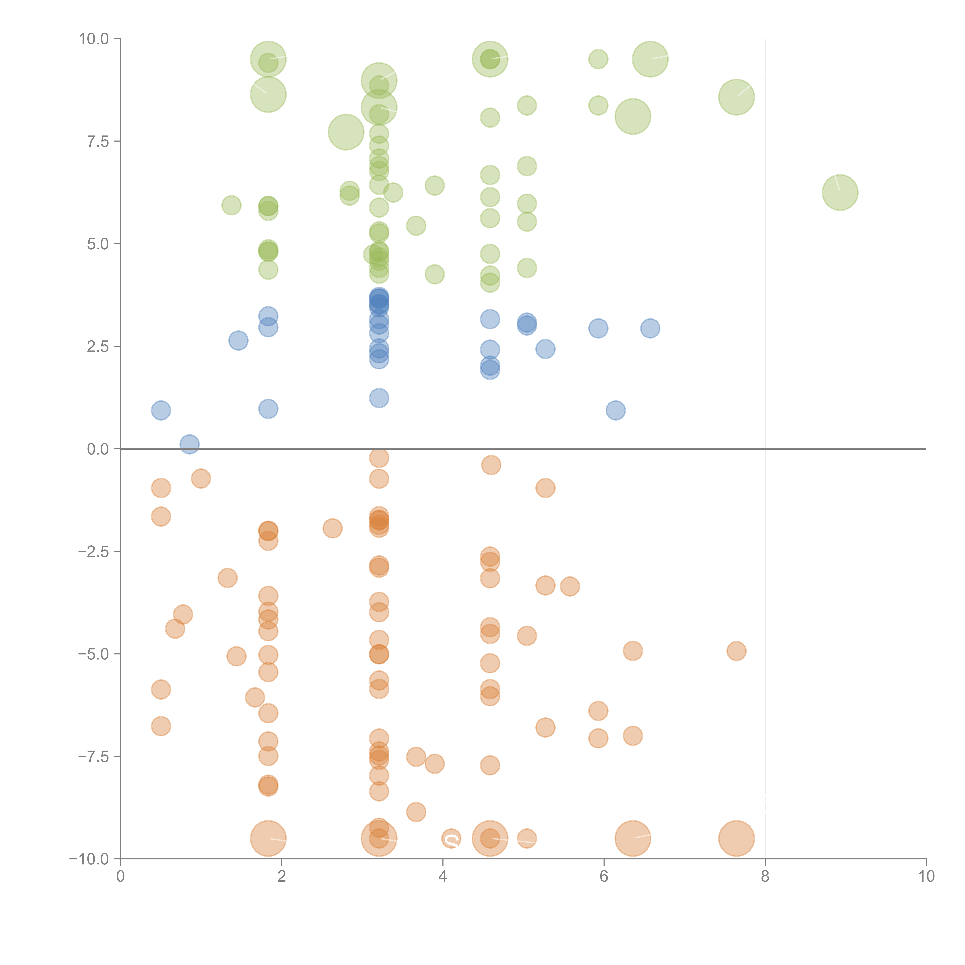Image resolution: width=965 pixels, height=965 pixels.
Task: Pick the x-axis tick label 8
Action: [x=765, y=877]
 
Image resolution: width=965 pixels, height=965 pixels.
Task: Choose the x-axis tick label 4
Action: [x=443, y=877]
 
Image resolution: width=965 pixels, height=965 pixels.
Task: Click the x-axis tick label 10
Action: [x=926, y=877]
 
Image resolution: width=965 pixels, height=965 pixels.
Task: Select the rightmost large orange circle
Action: [x=736, y=839]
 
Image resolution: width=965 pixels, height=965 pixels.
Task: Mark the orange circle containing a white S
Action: [x=451, y=839]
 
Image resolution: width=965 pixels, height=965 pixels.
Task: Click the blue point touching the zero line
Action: [x=189, y=444]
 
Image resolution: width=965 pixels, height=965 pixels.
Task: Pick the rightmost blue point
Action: [x=650, y=328]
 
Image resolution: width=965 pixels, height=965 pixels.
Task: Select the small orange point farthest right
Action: [x=736, y=651]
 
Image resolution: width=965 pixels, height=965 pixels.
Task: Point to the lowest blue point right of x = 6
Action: [x=615, y=411]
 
